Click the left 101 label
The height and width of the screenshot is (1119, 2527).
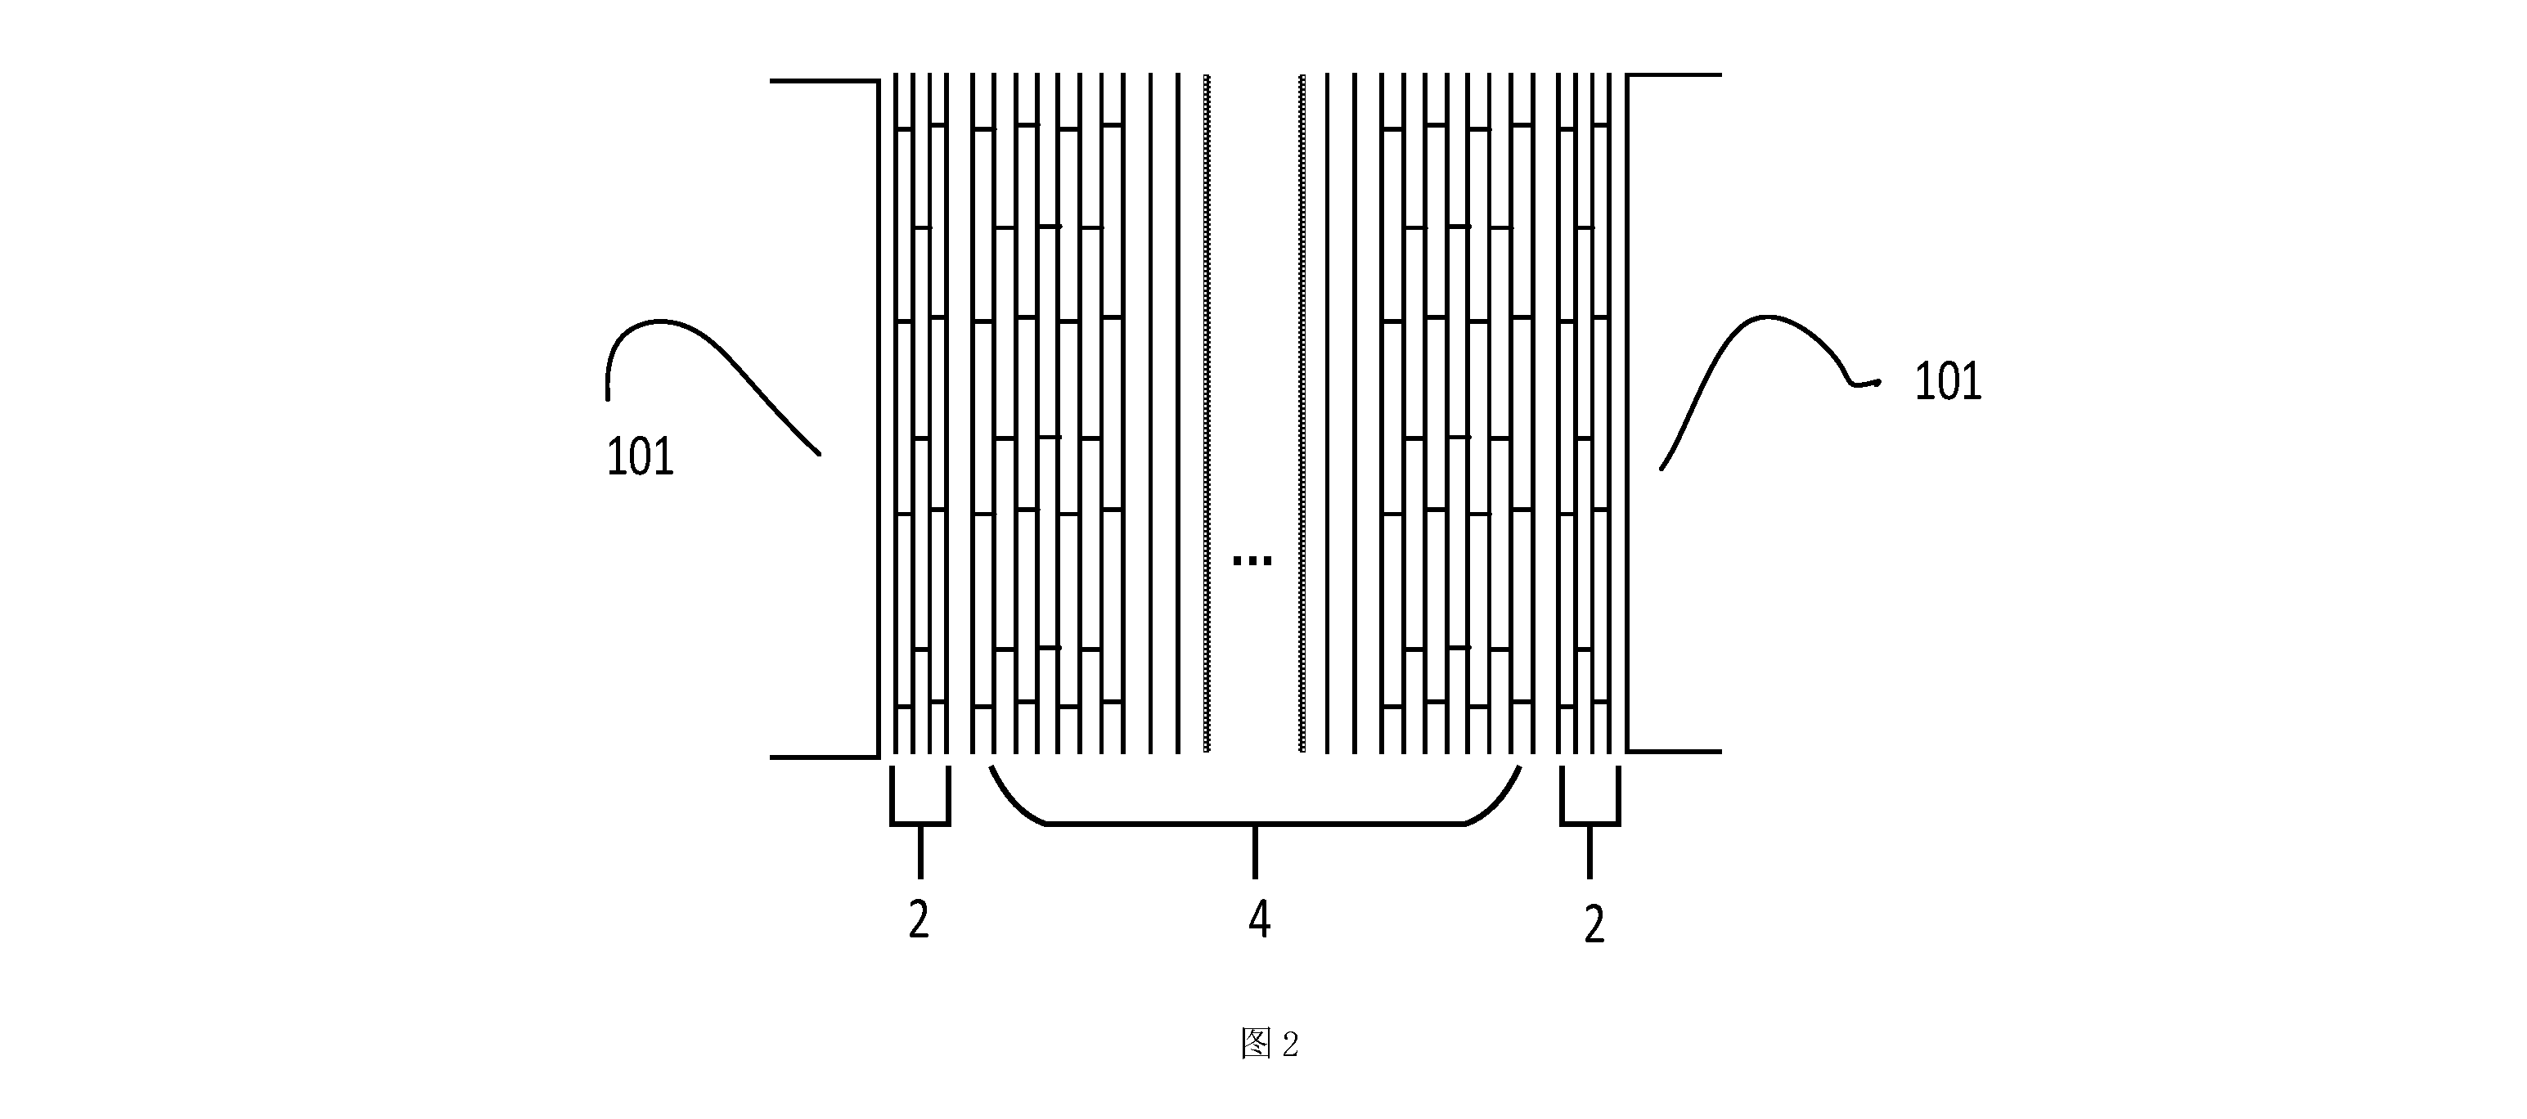(640, 457)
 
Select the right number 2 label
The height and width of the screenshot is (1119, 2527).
(1594, 925)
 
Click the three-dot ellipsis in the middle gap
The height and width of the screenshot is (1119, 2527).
(1252, 561)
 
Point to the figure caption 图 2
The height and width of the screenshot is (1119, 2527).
(1270, 1045)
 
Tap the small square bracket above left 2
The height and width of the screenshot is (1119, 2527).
(920, 823)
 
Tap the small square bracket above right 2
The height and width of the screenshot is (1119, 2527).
(1590, 823)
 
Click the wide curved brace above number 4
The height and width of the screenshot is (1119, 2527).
(1256, 823)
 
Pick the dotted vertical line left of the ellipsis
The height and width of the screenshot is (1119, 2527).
(1207, 413)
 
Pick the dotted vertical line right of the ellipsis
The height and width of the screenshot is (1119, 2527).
(1302, 413)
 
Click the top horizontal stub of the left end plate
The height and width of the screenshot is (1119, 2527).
(824, 80)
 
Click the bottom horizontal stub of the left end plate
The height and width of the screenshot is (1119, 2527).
(824, 757)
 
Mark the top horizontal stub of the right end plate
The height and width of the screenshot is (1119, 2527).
(1675, 74)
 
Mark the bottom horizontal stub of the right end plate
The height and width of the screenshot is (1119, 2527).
(1675, 751)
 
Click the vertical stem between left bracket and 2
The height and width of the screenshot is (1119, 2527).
(920, 852)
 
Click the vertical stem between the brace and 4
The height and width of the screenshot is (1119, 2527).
(1256, 852)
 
